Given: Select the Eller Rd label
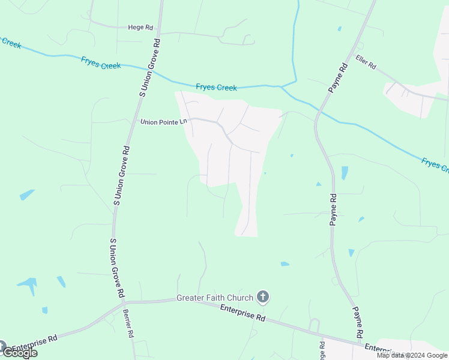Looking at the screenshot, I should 365,61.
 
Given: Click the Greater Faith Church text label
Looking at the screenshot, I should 214,298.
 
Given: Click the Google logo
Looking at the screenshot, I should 20,352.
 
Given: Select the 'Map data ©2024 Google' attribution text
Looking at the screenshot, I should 412,355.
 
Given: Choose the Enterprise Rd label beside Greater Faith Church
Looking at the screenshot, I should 243,312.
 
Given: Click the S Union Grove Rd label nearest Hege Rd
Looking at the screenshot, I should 150,67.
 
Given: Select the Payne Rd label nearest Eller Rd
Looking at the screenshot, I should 338,78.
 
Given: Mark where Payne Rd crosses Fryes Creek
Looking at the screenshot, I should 317,109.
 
